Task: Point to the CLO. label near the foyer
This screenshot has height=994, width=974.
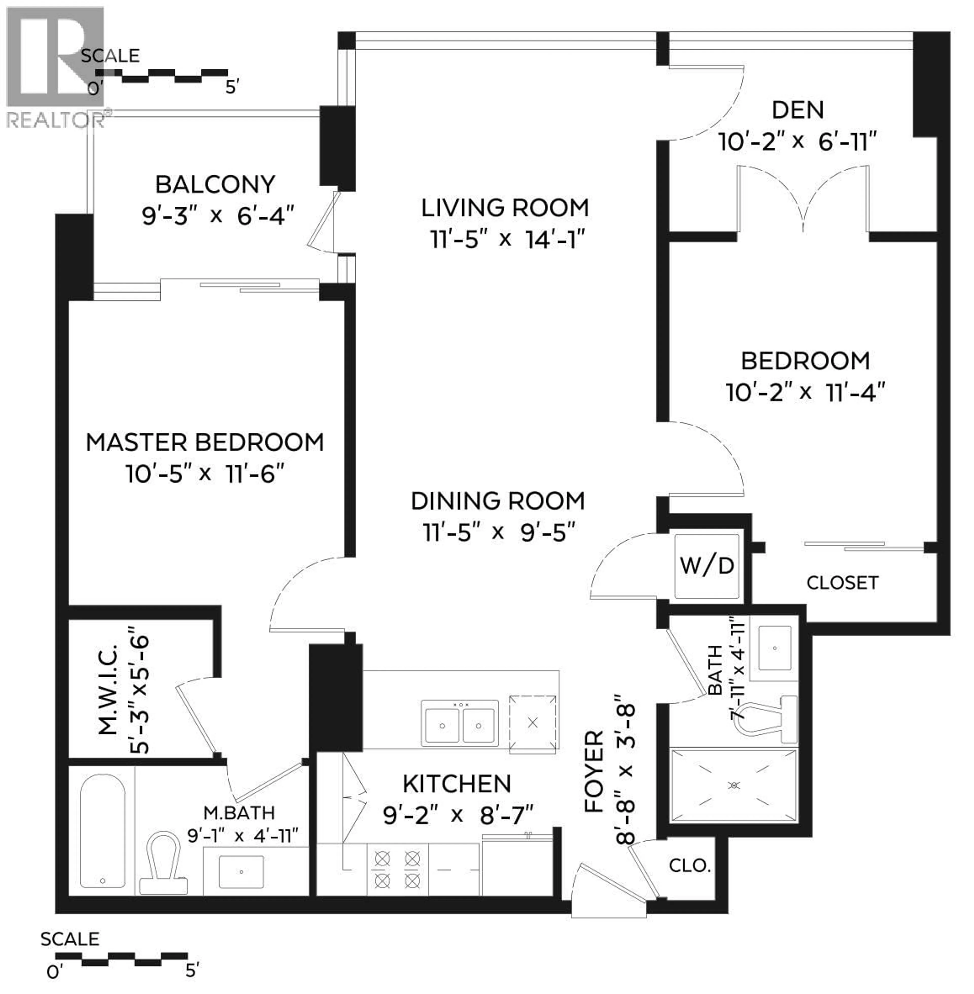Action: click(690, 866)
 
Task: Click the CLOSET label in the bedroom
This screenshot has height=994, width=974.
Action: click(842, 583)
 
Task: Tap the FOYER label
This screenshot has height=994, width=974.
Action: click(595, 772)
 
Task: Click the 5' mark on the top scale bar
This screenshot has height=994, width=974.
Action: click(232, 87)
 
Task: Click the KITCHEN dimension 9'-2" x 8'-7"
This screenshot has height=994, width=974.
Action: click(458, 815)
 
